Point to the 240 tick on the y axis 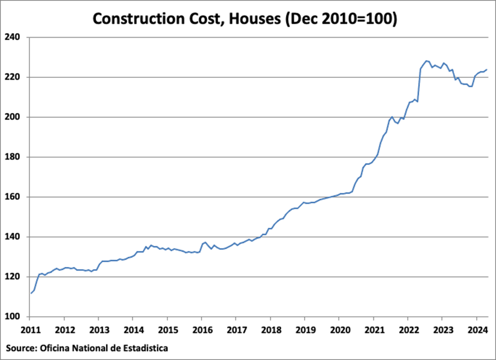tap(12, 37)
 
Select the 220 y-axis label tap(12, 77)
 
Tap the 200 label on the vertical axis tap(12, 117)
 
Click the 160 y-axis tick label tap(12, 197)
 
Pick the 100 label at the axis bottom tap(12, 317)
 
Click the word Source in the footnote tap(20, 348)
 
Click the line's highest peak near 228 tap(426, 61)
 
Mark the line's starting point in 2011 tap(31, 293)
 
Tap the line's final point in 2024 tap(487, 70)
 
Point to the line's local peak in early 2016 tap(205, 242)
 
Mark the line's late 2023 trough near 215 tap(470, 86)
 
